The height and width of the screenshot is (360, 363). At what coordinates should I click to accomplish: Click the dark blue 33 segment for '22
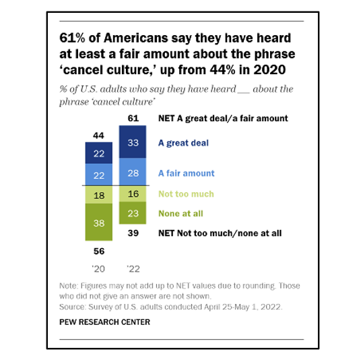click(133, 143)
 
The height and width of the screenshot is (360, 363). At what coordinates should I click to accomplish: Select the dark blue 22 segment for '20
click(98, 154)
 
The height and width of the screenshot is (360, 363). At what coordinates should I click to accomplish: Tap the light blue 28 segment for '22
click(133, 173)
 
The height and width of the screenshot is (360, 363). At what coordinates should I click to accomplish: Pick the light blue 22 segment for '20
click(98, 175)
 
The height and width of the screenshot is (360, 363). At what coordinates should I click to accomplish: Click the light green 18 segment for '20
click(98, 194)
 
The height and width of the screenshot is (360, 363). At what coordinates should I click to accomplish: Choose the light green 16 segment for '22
click(133, 193)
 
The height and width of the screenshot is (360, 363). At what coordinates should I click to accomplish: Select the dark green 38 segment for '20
click(98, 222)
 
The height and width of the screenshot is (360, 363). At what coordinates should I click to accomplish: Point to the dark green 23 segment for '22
click(133, 213)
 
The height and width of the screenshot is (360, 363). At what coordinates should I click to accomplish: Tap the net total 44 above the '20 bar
click(98, 136)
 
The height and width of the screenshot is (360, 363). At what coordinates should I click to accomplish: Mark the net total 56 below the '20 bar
click(98, 250)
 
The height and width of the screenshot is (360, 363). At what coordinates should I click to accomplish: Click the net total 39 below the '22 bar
click(133, 233)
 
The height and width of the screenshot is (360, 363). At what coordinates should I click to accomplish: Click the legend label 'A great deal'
click(183, 143)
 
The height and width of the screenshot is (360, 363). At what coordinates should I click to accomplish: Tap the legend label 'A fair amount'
click(186, 173)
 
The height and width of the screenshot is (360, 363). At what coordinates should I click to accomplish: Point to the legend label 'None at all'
click(180, 213)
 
